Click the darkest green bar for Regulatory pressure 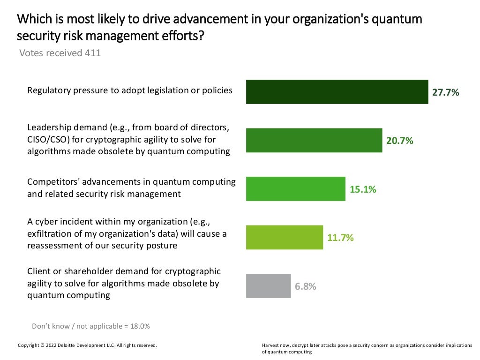click(x=337, y=92)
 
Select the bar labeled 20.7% click(x=314, y=140)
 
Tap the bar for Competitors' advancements click(x=295, y=189)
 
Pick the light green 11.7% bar click(x=285, y=237)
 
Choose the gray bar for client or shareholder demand click(x=268, y=286)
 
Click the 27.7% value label click(x=445, y=92)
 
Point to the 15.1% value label click(x=363, y=189)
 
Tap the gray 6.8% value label click(x=305, y=286)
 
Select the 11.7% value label click(x=340, y=238)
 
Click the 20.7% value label click(x=399, y=141)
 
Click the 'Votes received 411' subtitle click(x=60, y=53)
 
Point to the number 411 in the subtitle click(x=93, y=53)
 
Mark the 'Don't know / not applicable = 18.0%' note click(x=90, y=326)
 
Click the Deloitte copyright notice click(x=87, y=345)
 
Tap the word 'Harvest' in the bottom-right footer click(x=271, y=345)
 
